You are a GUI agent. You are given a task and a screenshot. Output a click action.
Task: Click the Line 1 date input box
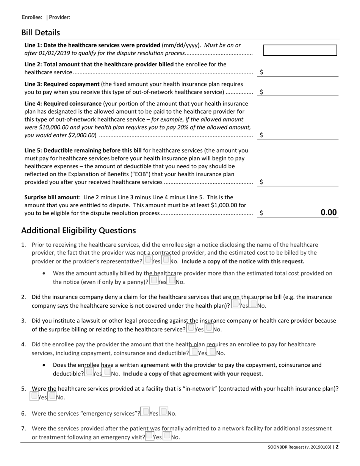pos(300,50)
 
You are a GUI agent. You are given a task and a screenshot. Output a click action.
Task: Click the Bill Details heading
pos(41,33)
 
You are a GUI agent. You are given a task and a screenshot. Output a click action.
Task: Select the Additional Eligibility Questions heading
pos(78,230)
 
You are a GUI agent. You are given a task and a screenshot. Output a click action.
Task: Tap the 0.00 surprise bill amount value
pos(328,213)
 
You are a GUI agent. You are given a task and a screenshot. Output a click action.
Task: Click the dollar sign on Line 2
pos(261,72)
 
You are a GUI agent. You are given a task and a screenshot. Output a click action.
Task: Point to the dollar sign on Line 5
pos(261,182)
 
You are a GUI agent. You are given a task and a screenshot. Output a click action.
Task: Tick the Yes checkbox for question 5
pos(34,396)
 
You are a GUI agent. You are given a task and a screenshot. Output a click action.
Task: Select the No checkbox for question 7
pos(167,436)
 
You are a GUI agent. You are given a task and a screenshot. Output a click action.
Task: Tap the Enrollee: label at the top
pos(32,17)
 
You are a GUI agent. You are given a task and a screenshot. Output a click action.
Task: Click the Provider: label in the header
pos(59,17)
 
